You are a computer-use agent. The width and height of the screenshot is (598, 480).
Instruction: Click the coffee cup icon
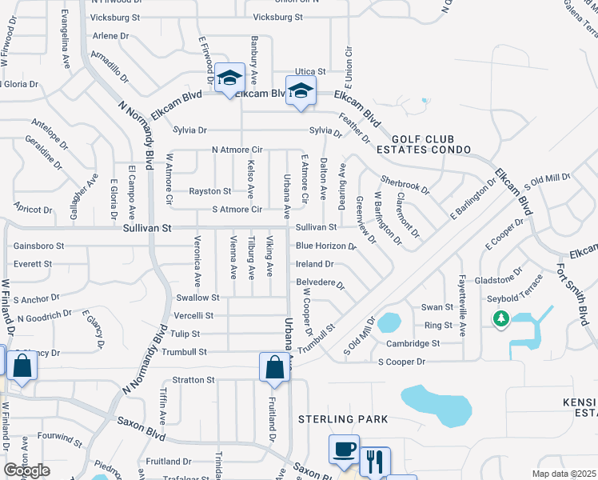coord(344,450)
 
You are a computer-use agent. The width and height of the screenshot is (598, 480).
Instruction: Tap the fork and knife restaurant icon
coord(374,462)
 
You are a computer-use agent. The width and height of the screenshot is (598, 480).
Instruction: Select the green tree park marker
coord(501,320)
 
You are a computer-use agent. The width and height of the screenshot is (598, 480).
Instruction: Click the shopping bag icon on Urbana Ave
coord(275,367)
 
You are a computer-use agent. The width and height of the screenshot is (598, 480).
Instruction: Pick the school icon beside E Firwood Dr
coord(229,78)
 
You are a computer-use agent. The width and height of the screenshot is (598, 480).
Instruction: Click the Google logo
coord(26,470)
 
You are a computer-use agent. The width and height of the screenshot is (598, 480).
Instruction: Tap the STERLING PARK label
coord(343,419)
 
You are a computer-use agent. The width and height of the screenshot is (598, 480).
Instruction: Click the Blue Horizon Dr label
coord(325,246)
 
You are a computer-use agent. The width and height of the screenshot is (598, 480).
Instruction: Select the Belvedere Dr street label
coord(320,283)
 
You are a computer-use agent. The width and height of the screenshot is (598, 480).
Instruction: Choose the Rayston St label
coord(209,191)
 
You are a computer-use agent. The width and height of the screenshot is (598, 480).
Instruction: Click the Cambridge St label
coord(413,343)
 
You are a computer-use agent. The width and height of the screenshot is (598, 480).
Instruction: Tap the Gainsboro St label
coord(38,246)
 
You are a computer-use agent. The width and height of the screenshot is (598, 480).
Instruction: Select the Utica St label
coord(310,71)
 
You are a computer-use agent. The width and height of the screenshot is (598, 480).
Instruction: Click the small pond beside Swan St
coord(389,322)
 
